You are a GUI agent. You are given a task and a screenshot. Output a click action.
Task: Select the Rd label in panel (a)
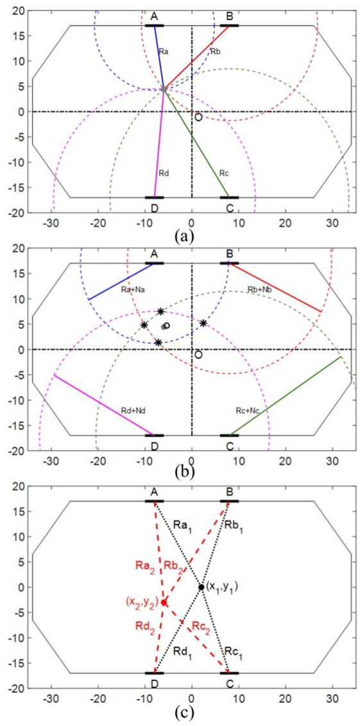tap(164, 172)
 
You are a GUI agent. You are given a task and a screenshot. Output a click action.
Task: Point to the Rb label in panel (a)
tap(215, 50)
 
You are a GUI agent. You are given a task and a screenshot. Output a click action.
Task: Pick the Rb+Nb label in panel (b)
tap(259, 290)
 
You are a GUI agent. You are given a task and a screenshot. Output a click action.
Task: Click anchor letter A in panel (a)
tap(154, 15)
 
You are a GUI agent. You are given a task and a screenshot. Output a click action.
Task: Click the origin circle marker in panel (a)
tap(198, 117)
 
